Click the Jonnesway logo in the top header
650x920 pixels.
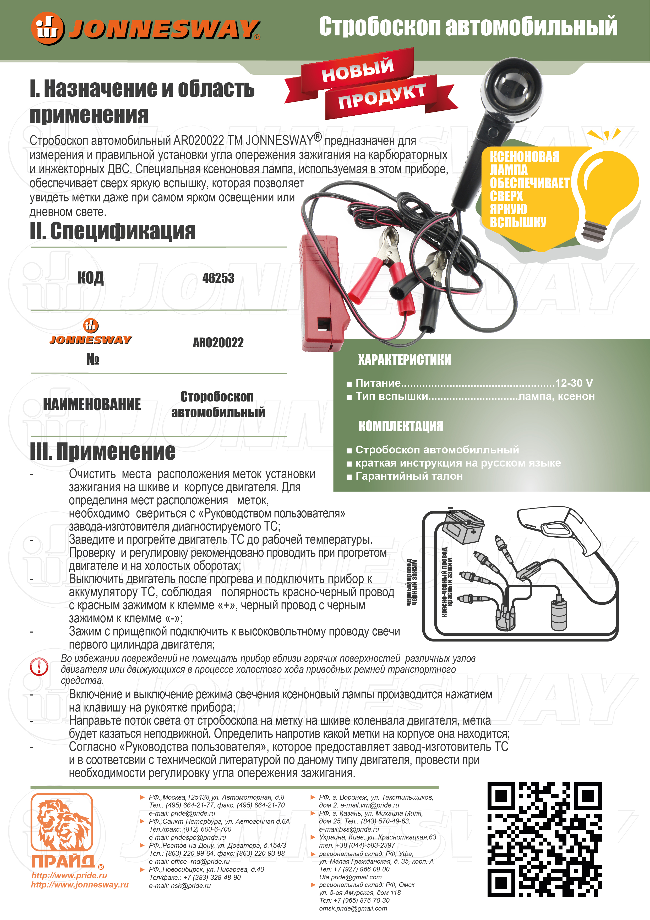(x=146, y=29)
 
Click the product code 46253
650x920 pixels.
(x=218, y=278)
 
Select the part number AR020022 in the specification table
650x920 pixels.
(x=218, y=343)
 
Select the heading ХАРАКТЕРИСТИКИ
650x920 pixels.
(x=404, y=360)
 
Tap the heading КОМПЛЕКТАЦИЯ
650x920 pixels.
(x=401, y=426)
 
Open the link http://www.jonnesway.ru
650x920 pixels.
(x=80, y=885)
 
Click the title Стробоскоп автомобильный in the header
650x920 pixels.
(x=468, y=26)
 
